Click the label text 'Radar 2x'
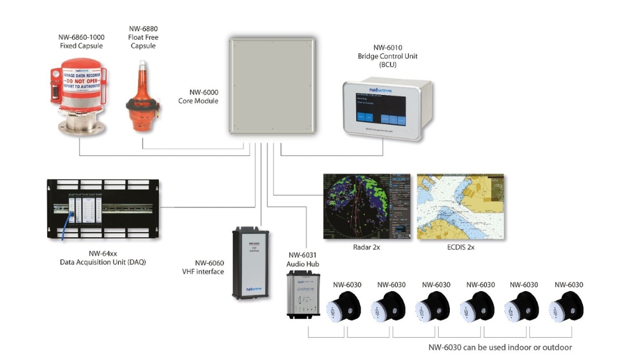coord(366,247)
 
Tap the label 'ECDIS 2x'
coord(460,247)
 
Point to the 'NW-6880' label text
coord(142,29)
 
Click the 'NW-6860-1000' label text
coord(81,37)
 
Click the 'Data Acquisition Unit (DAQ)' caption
coord(103,262)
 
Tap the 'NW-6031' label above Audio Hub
coord(302,255)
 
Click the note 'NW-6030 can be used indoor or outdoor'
coord(500,348)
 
